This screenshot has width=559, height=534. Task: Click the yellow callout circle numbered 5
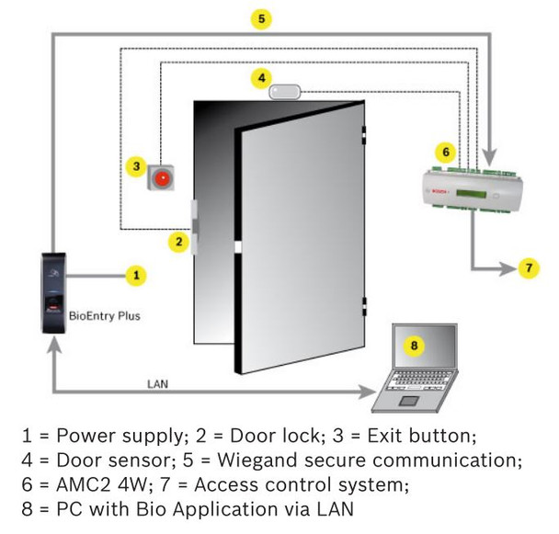click(x=263, y=18)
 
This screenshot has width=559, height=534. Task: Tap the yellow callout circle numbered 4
click(x=263, y=76)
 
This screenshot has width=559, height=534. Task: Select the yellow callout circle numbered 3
click(x=136, y=166)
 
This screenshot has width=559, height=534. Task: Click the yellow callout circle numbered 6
click(x=447, y=149)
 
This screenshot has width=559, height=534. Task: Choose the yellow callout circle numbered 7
click(x=528, y=268)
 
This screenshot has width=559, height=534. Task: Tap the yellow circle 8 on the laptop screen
click(x=415, y=346)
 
